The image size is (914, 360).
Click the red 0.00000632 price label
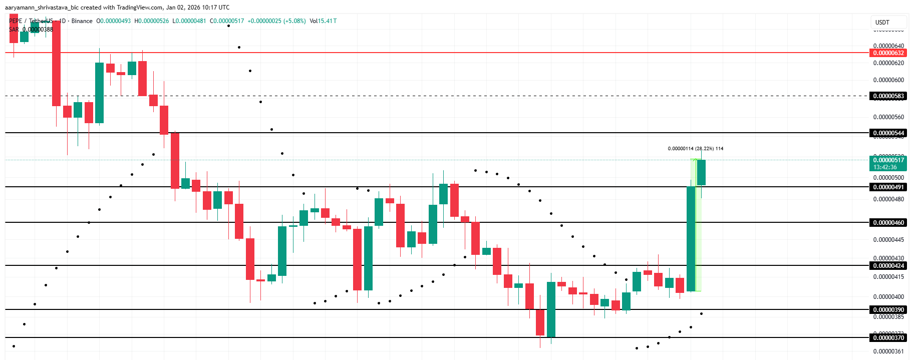(888, 53)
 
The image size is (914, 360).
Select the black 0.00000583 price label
(888, 96)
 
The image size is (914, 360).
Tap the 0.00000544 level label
(888, 133)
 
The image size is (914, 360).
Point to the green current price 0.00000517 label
(888, 160)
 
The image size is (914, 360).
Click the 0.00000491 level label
(888, 187)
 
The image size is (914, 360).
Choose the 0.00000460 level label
(888, 223)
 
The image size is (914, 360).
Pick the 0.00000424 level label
(888, 266)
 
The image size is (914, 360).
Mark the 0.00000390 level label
(888, 310)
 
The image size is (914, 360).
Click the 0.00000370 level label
(888, 338)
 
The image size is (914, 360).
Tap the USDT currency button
(882, 23)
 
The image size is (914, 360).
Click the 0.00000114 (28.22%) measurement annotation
(695, 149)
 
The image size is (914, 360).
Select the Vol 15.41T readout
(323, 21)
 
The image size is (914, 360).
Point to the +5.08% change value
(294, 21)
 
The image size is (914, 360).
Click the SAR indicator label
(14, 30)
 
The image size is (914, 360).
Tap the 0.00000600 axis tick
(888, 80)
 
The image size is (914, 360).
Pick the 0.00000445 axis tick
(888, 240)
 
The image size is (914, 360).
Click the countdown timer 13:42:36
(885, 167)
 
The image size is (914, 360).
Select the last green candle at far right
(701, 173)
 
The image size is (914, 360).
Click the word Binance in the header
(82, 21)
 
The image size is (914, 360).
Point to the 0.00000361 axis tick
(888, 351)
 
